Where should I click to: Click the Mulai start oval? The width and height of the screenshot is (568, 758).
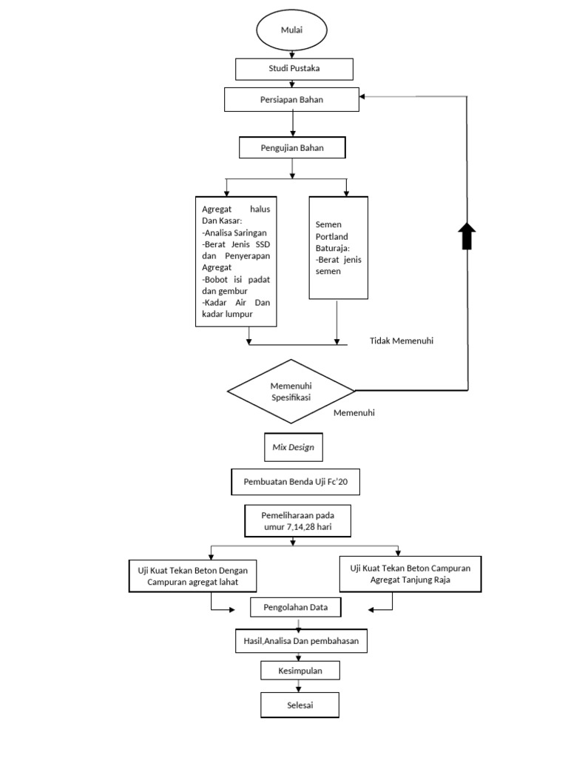pyautogui.click(x=292, y=30)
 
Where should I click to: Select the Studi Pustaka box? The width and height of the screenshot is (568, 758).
pyautogui.click(x=294, y=69)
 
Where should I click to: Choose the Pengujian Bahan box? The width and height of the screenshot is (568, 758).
pyautogui.click(x=291, y=147)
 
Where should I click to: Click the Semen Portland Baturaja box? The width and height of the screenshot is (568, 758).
pyautogui.click(x=338, y=247)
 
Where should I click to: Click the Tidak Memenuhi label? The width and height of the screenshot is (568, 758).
pyautogui.click(x=401, y=341)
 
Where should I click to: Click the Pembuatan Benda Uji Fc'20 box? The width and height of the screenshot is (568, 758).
pyautogui.click(x=295, y=481)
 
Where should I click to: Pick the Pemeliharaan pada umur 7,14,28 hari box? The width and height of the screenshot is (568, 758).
pyautogui.click(x=297, y=520)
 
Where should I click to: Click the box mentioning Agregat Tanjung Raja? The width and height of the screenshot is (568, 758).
pyautogui.click(x=409, y=574)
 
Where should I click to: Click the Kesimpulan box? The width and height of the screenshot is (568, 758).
pyautogui.click(x=300, y=671)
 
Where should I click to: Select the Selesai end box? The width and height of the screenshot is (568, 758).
pyautogui.click(x=300, y=705)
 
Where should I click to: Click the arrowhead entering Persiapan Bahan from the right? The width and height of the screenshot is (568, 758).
pyautogui.click(x=362, y=97)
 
